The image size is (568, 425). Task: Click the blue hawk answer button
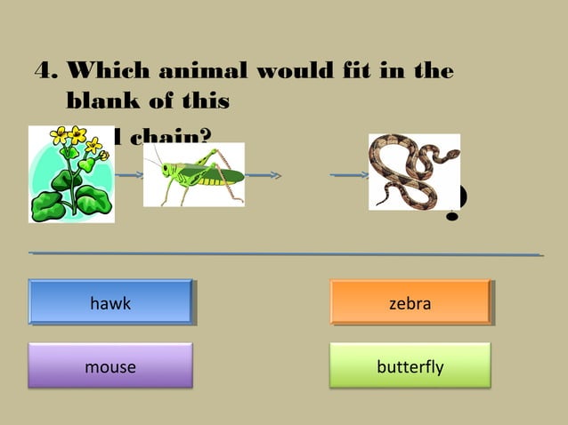110,302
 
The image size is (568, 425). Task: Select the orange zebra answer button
410,302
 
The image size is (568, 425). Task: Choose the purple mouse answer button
110,366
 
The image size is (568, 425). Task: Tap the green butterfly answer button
410,365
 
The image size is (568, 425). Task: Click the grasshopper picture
193,175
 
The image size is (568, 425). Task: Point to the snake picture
414,172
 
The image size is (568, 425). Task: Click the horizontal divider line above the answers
285,254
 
